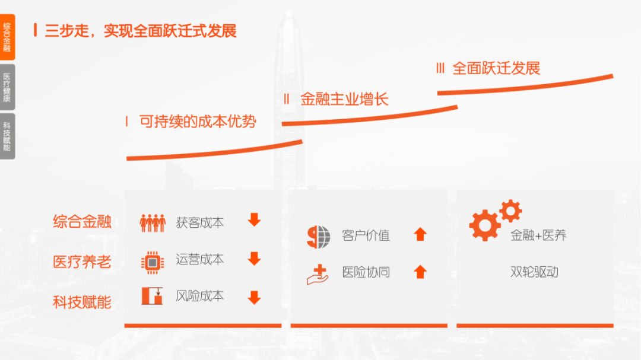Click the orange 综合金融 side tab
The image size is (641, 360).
click(x=7, y=37)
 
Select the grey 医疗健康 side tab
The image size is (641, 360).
click(x=7, y=87)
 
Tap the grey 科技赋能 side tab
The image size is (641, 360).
click(x=7, y=136)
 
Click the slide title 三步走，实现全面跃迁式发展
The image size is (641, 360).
click(x=141, y=30)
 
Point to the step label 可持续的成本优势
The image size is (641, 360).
click(x=198, y=122)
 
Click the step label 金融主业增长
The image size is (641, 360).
click(x=344, y=99)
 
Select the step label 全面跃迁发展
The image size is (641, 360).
click(x=496, y=68)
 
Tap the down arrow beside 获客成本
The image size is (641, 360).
click(x=254, y=220)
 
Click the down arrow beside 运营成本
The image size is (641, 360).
click(x=254, y=259)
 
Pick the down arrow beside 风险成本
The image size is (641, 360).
click(x=254, y=297)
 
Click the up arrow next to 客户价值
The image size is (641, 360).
click(x=420, y=234)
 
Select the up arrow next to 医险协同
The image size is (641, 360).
click(x=420, y=272)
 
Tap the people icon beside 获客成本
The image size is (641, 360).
click(x=153, y=223)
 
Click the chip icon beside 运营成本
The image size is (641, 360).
click(x=153, y=262)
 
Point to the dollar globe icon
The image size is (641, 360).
click(x=319, y=237)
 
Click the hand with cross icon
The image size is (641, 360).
click(x=318, y=274)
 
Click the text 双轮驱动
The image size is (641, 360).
click(x=534, y=272)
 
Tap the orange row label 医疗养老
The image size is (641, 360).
click(x=82, y=262)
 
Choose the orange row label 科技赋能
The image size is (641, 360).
click(x=82, y=302)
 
